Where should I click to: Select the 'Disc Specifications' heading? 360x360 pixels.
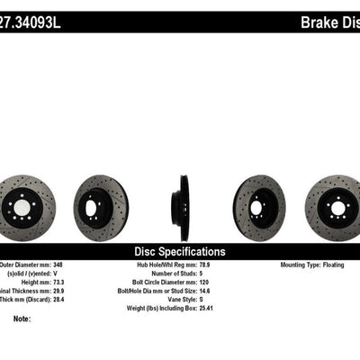[180, 252]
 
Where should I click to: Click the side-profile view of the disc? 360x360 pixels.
[183, 209]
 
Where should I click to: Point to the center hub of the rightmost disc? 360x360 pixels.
[338, 209]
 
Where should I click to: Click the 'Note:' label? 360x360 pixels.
[22, 319]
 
